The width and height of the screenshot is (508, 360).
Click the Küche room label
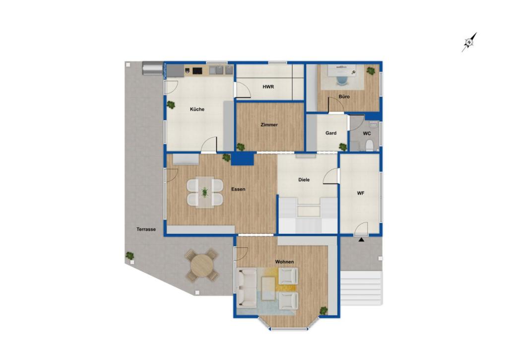click(x=197, y=109)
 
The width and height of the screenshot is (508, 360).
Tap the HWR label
click(x=268, y=87)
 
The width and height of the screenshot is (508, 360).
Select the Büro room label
click(x=344, y=97)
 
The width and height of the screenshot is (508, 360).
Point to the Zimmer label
click(x=269, y=125)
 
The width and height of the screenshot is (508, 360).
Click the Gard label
click(x=331, y=133)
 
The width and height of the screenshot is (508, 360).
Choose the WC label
click(x=367, y=134)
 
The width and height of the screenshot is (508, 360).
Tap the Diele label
click(x=304, y=180)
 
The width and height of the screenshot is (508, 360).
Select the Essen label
click(x=238, y=189)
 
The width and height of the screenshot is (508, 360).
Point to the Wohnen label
click(x=285, y=262)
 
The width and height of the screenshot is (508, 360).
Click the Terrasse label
click(x=146, y=229)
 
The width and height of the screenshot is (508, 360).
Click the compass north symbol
click(x=469, y=42)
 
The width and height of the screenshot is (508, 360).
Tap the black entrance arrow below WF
click(x=361, y=240)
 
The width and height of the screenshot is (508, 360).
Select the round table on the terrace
click(x=202, y=265)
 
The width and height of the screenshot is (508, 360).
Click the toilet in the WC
click(x=369, y=145)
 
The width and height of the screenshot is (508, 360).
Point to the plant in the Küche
click(x=171, y=105)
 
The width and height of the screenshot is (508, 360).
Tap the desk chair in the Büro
click(x=342, y=79)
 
